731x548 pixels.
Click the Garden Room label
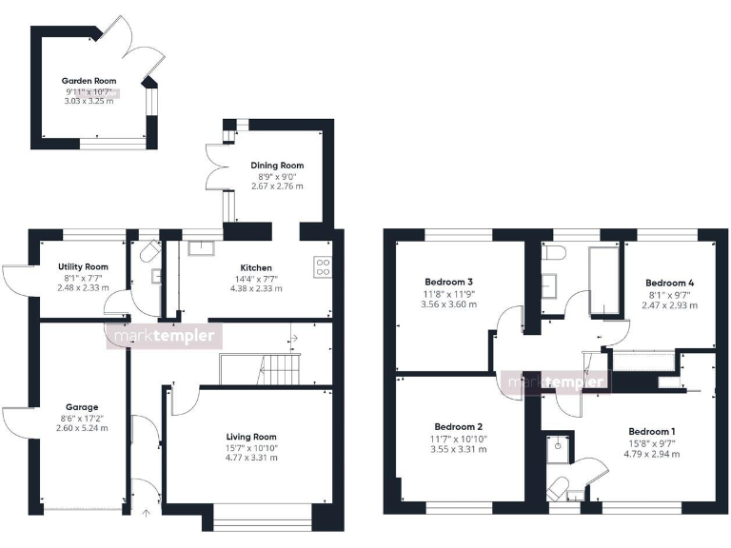[89, 81]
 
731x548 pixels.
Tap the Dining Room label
[277, 166]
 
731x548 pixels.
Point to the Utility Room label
[83, 266]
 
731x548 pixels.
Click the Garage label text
[82, 406]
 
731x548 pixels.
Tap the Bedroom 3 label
[450, 282]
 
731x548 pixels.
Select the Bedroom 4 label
[670, 283]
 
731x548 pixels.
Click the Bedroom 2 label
[459, 426]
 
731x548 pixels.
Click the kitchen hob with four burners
[322, 266]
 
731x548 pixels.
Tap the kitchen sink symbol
[201, 249]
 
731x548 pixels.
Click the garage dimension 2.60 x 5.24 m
[82, 428]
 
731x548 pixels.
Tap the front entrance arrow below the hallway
[146, 515]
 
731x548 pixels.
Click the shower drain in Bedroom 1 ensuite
[557, 444]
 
